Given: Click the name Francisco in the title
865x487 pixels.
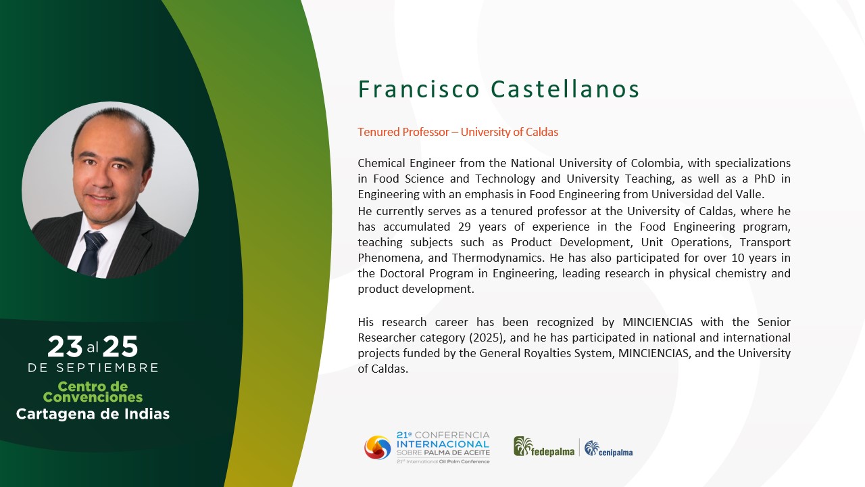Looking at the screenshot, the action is (419, 89).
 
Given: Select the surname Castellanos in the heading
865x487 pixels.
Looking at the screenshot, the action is (565, 89).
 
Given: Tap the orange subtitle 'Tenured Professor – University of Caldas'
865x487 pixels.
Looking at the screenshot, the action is (458, 132).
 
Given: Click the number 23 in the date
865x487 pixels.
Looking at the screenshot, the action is (65, 346).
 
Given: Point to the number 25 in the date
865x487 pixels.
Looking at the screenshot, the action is (120, 346).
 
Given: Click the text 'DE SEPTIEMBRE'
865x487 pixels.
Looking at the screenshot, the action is (93, 367).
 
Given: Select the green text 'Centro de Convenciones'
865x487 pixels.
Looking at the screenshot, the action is (93, 392).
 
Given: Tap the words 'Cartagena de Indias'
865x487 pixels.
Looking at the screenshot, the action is (93, 414).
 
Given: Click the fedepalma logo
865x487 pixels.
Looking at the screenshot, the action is (544, 447).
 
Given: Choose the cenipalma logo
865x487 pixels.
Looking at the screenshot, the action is (609, 448).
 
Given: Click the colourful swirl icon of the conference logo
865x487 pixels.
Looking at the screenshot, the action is (378, 448).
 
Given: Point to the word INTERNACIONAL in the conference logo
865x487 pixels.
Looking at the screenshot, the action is (443, 444).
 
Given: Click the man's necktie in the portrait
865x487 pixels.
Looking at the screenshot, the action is (92, 252).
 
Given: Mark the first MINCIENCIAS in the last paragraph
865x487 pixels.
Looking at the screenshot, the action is (658, 322).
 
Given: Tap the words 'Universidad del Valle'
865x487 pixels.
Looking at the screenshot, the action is (708, 194).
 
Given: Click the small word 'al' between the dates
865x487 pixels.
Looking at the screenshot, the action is (93, 348).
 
